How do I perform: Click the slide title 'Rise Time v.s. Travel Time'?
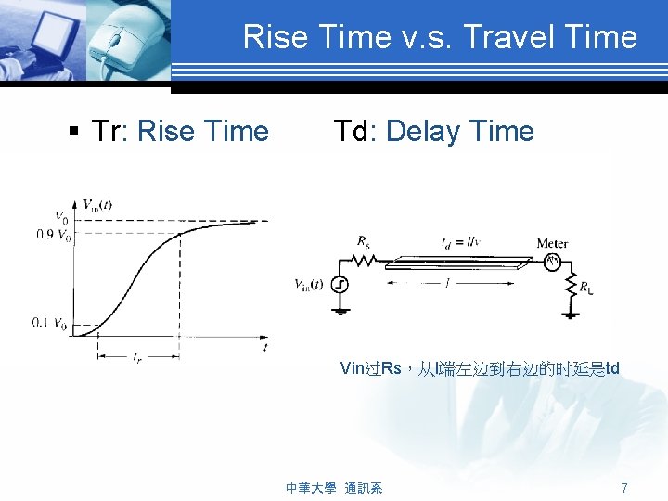tap(440, 37)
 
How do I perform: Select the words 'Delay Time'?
tap(460, 132)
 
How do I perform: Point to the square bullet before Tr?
tap(73, 132)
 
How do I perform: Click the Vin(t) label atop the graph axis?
tap(97, 205)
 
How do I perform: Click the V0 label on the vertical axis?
tap(60, 219)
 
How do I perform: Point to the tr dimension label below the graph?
tap(137, 356)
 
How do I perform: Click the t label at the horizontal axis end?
tap(265, 347)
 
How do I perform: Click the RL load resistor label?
tap(586, 289)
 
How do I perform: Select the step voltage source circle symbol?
tap(340, 285)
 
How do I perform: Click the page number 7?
tap(624, 487)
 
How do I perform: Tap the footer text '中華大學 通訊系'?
tap(334, 487)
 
